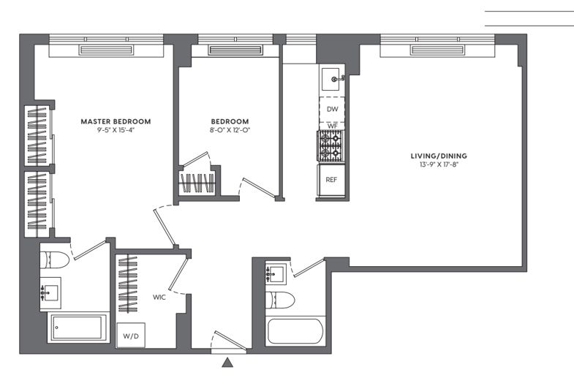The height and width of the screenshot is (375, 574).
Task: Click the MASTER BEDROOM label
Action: [x=116, y=121]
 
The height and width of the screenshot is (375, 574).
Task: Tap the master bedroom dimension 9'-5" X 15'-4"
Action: [x=116, y=131]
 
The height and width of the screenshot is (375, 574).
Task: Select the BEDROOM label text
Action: [x=230, y=121]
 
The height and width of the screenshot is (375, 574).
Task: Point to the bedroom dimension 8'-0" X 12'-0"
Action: [x=230, y=131]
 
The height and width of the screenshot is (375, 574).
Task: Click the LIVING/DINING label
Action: [x=439, y=156]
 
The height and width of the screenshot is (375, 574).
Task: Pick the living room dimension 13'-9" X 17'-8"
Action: [x=439, y=165]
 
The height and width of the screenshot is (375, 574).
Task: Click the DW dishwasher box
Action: [x=331, y=108]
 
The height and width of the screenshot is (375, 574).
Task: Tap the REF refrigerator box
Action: [x=331, y=180]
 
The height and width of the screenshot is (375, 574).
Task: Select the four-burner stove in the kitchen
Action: [x=331, y=146]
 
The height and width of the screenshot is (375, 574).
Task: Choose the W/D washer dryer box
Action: [x=129, y=336]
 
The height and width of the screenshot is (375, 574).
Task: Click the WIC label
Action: [x=160, y=298]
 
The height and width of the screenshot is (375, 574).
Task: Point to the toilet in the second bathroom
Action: [x=281, y=299]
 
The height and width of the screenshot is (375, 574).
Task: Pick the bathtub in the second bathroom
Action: [x=294, y=330]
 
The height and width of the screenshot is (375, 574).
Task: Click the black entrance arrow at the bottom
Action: [x=228, y=362]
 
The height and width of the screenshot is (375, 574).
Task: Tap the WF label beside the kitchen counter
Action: [x=331, y=126]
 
